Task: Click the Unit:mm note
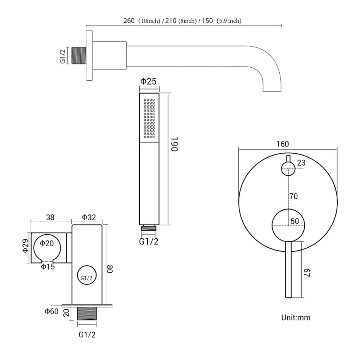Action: pyautogui.click(x=295, y=318)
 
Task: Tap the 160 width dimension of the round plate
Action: pyautogui.click(x=283, y=144)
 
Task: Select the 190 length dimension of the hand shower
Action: pyautogui.click(x=174, y=144)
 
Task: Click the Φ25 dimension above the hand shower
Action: pyautogui.click(x=148, y=81)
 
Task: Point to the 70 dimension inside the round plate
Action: pyautogui.click(x=294, y=196)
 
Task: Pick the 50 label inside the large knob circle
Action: pyautogui.click(x=295, y=221)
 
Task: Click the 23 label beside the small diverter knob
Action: pyautogui.click(x=301, y=163)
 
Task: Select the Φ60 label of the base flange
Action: pyautogui.click(x=52, y=311)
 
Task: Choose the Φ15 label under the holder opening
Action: pyautogui.click(x=48, y=267)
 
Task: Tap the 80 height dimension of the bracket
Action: pyautogui.click(x=111, y=269)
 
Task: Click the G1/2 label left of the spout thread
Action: pyautogui.click(x=63, y=56)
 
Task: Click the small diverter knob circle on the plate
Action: pyautogui.click(x=288, y=168)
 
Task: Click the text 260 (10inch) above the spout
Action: pyautogui.click(x=141, y=21)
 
